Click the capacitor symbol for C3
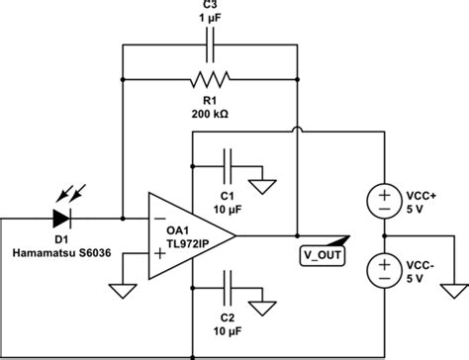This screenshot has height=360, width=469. coord(209,46)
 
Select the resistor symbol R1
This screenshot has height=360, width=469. coord(209,78)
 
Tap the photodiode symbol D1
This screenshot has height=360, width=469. coord(66,214)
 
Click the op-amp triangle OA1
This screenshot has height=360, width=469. coord(188,235)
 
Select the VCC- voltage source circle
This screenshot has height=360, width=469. coord(381,268)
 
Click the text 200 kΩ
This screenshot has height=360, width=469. coord(208,114)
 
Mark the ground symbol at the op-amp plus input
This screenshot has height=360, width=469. coord(120,290)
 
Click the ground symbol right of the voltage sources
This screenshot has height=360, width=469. coord(451,290)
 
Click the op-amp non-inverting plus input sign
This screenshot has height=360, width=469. coord(157,256)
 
